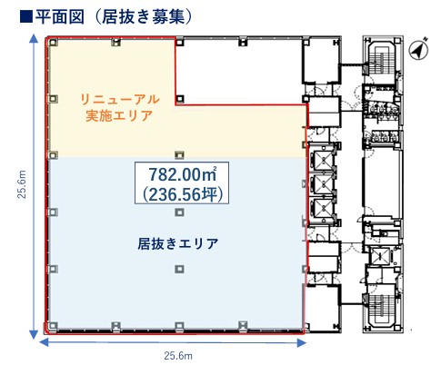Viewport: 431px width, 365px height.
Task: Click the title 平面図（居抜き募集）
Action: (x=114, y=16)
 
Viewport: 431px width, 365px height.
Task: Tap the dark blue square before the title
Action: (x=26, y=17)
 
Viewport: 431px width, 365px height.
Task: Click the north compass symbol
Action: (x=418, y=51)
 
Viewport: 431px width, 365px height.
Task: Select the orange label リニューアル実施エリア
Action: (x=119, y=107)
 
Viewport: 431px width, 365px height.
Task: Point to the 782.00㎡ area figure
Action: (x=183, y=174)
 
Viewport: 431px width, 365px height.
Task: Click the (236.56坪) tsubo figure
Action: (x=183, y=194)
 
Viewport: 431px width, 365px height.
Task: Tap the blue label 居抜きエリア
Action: (x=178, y=243)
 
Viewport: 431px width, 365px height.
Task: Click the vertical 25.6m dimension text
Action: (x=22, y=184)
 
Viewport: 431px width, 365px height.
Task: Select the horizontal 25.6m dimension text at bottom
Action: (x=178, y=355)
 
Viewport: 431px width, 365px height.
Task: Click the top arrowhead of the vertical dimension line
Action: (x=34, y=38)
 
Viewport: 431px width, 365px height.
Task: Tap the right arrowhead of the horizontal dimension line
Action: (x=302, y=343)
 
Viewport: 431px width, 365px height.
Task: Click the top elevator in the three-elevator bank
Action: (x=324, y=160)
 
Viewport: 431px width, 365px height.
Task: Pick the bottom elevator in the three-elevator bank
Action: (x=324, y=208)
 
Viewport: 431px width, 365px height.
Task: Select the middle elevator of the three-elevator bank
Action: (x=324, y=183)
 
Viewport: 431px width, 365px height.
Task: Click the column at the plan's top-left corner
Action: (x=54, y=43)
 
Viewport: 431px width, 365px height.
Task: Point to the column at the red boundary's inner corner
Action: (x=180, y=99)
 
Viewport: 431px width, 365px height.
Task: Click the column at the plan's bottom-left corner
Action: (x=54, y=326)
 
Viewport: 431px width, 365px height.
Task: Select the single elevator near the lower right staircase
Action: (x=379, y=257)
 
